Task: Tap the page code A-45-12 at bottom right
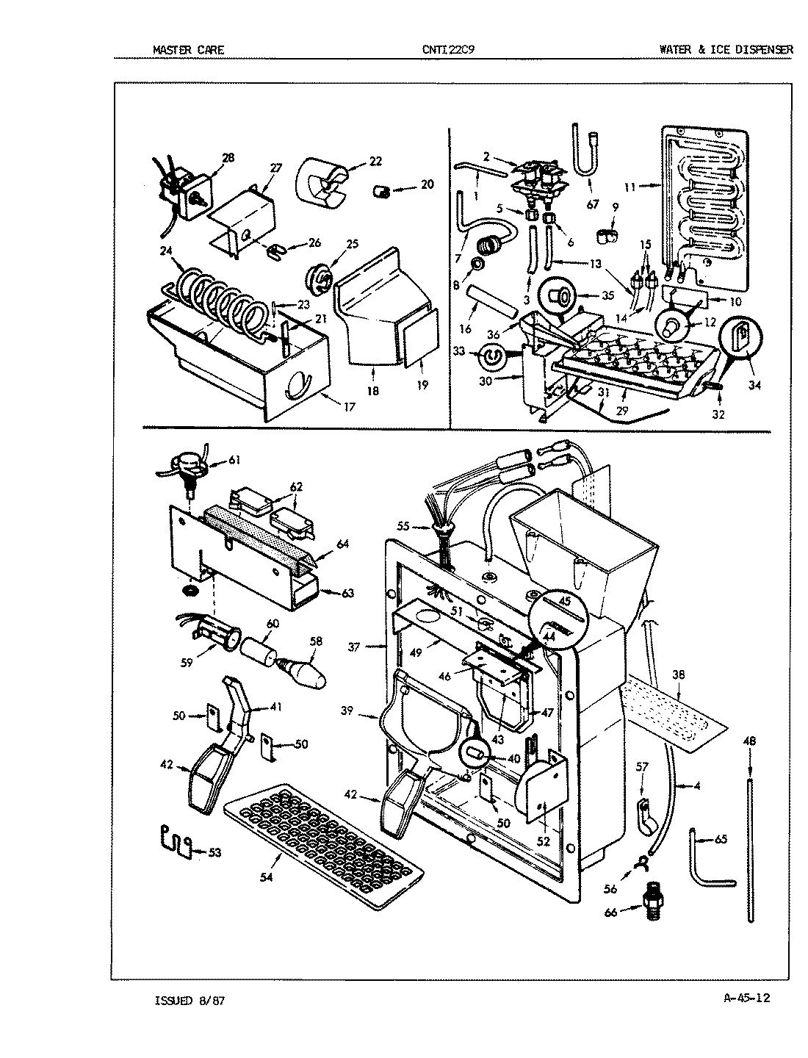click(746, 998)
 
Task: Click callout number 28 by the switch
click(228, 157)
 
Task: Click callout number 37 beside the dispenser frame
click(355, 647)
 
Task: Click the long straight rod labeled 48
click(750, 845)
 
